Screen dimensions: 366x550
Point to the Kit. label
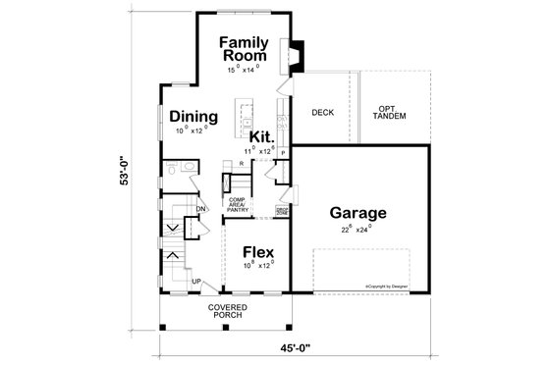click(x=260, y=137)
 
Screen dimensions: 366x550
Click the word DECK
click(x=323, y=112)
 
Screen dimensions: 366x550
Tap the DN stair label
click(x=200, y=208)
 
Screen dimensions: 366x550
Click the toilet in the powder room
click(x=175, y=169)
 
